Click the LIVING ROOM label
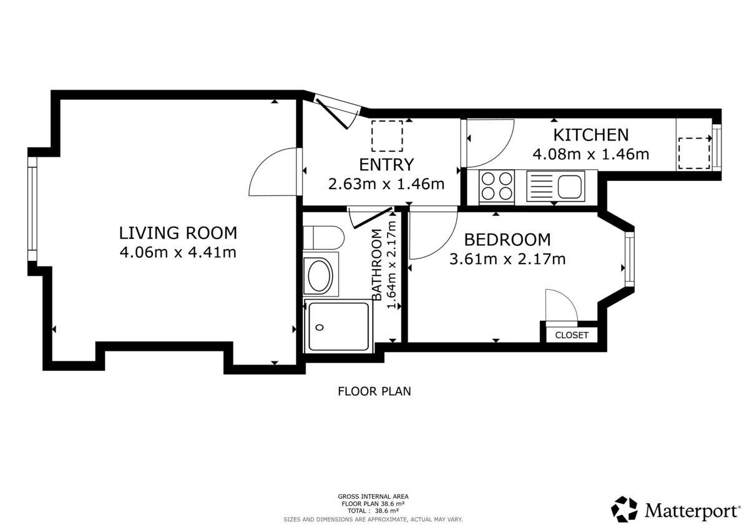(178, 233)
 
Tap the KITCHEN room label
(591, 135)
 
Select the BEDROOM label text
(507, 240)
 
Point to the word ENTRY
(386, 165)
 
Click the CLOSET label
(572, 335)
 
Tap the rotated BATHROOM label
(376, 265)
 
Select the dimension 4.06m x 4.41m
(178, 252)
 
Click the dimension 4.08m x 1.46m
(591, 154)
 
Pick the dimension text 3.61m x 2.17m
(507, 259)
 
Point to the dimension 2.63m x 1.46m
(386, 184)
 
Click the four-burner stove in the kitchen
(497, 187)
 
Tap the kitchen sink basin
(569, 186)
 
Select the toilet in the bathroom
(323, 237)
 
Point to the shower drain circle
(320, 327)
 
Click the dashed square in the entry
(387, 136)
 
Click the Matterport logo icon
(624, 509)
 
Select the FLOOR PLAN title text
(374, 391)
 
